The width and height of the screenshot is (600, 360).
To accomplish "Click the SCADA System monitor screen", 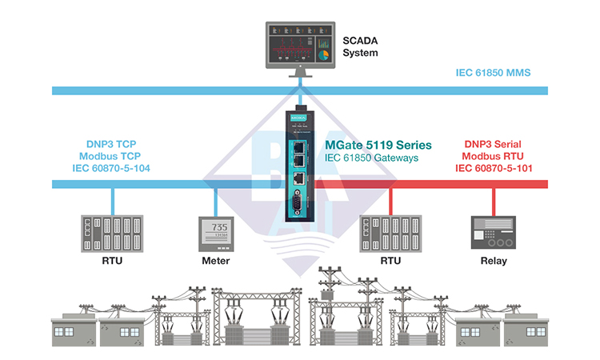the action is click(x=300, y=45).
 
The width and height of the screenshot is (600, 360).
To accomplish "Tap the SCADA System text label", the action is click(x=360, y=46).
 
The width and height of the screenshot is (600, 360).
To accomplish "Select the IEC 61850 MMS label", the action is click(x=493, y=73).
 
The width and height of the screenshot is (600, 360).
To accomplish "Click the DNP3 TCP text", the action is click(x=111, y=144).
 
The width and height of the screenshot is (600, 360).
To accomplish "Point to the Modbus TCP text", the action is click(x=110, y=156).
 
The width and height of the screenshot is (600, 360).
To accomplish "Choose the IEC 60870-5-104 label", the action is click(x=111, y=168).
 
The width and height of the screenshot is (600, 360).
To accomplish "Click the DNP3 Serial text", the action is click(x=493, y=144).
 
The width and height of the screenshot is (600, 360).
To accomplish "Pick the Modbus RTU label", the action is click(x=493, y=156).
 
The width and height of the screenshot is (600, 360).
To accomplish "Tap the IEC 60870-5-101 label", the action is click(x=494, y=168).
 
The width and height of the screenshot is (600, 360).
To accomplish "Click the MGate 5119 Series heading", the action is click(x=378, y=145).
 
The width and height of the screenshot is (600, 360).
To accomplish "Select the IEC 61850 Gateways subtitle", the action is click(x=371, y=158).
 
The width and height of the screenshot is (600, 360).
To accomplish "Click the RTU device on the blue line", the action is click(x=112, y=234).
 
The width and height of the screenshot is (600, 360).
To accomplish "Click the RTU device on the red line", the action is click(x=390, y=234).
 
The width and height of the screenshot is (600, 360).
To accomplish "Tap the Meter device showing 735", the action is click(x=216, y=234).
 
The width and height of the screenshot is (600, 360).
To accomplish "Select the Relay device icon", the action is click(x=494, y=233).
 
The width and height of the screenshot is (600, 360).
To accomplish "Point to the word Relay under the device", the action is click(x=494, y=261).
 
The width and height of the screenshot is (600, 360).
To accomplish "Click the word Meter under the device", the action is click(x=216, y=261).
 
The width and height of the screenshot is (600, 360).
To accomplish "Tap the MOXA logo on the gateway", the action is click(x=298, y=118).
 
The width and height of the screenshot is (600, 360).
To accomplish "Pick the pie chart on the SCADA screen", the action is click(x=323, y=55).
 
